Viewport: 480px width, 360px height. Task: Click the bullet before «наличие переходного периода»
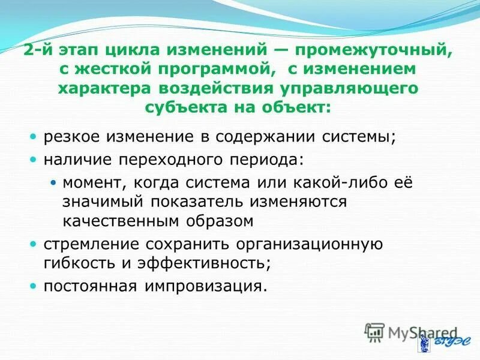[34, 160]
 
